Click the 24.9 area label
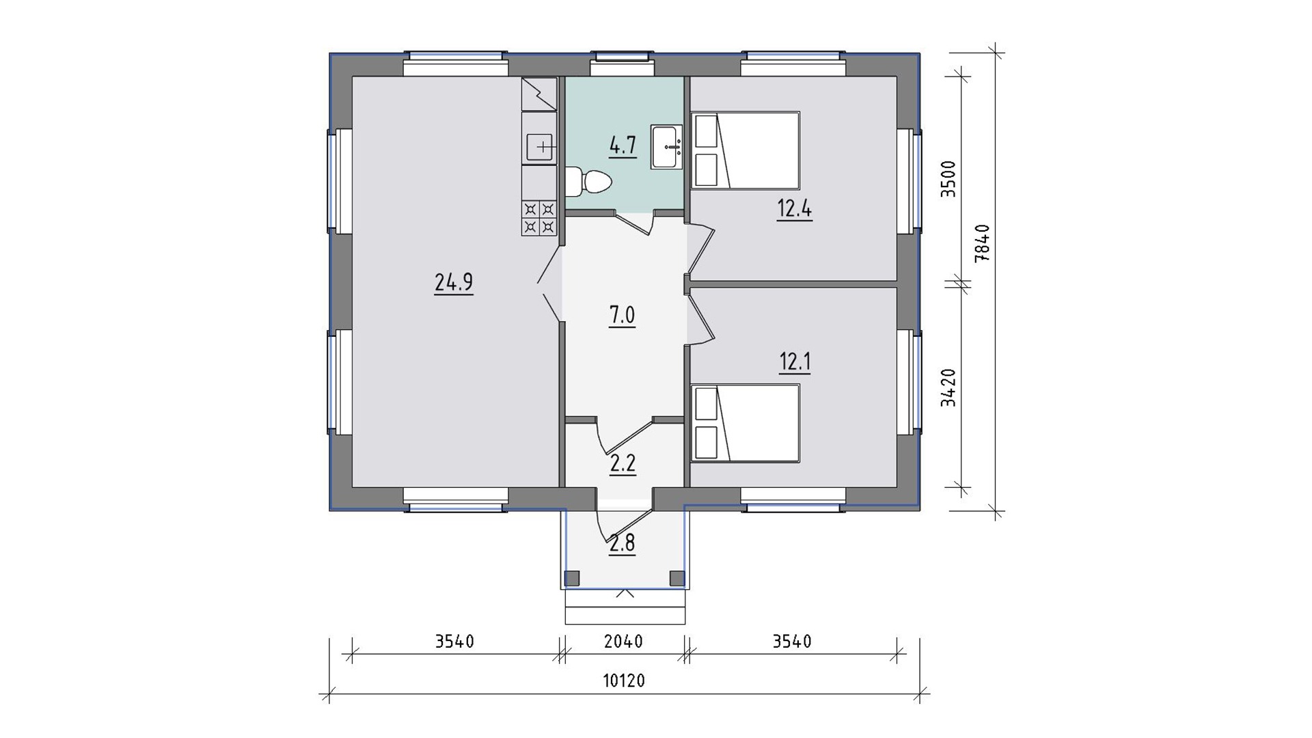tap(454, 282)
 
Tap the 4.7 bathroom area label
tap(623, 146)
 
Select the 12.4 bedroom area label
tap(794, 208)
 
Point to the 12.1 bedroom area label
tap(795, 361)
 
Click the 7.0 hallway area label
tap(622, 316)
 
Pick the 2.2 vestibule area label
tap(623, 464)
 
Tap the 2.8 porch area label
tap(623, 543)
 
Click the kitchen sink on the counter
tap(539, 146)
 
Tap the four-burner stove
tap(539, 218)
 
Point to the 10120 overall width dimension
tap(624, 681)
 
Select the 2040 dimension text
tap(624, 642)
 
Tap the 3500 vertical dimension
tap(948, 179)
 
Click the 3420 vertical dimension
tap(948, 387)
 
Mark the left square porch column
tap(573, 578)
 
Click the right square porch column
tap(677, 578)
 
